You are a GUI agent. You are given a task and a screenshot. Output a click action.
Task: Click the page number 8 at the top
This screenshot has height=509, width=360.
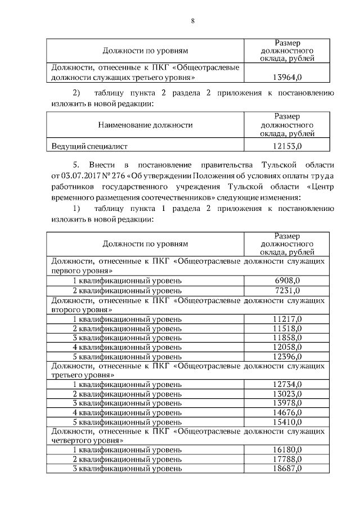[192, 21]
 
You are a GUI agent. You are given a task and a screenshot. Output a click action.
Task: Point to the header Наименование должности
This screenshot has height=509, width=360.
[145, 125]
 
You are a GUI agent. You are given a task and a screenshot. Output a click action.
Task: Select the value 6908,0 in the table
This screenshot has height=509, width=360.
[287, 280]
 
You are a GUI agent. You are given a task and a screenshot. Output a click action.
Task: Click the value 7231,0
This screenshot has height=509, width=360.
[287, 290]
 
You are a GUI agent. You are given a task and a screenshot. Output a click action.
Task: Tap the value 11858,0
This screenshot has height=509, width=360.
[287, 337]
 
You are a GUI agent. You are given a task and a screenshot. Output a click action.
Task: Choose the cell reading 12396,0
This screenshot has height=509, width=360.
[287, 357]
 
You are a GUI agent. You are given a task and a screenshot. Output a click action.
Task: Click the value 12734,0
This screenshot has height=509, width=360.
[287, 384]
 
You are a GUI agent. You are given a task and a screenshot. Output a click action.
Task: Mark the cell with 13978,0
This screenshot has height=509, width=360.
[287, 403]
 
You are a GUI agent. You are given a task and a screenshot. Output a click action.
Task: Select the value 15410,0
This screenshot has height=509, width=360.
[287, 422]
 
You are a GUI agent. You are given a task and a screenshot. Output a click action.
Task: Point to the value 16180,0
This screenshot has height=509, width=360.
[287, 450]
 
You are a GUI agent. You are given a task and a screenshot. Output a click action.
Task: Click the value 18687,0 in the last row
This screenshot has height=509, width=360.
[287, 469]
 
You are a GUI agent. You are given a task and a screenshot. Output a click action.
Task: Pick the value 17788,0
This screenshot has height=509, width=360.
[287, 460]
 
